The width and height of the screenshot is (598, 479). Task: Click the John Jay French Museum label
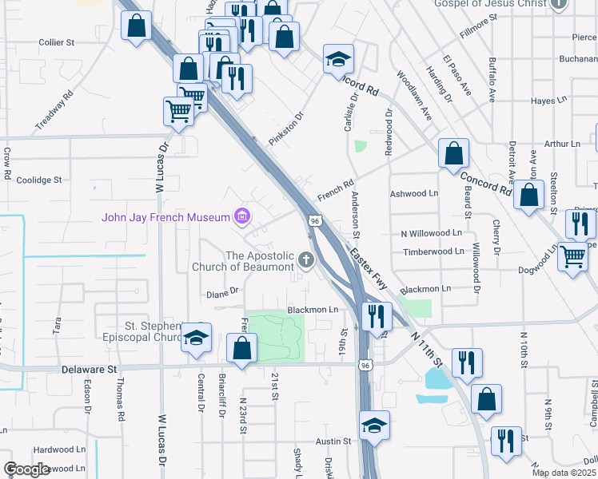(x=165, y=217)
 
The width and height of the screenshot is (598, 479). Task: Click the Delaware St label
(x=90, y=370)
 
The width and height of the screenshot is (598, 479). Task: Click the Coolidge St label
(x=38, y=180)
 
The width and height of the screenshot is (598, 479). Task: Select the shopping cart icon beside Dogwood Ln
(x=572, y=257)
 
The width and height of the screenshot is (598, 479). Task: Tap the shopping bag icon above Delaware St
(x=241, y=348)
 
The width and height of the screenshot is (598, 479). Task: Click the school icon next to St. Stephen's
(x=196, y=338)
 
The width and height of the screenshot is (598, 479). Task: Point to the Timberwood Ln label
(x=433, y=251)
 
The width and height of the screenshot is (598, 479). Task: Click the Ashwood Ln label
(x=414, y=193)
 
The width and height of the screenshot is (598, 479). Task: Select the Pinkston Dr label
(x=287, y=128)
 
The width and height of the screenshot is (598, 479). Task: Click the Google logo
(x=26, y=469)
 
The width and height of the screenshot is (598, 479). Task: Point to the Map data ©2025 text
(x=564, y=473)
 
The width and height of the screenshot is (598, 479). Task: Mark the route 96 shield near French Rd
(x=315, y=220)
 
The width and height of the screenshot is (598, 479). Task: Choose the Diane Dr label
(x=223, y=291)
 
